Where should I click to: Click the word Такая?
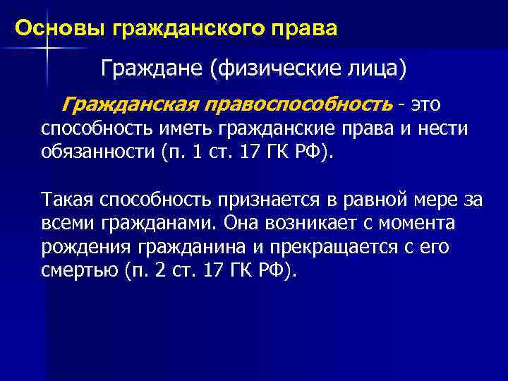[x=67, y=200]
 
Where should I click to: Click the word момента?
[x=413, y=224]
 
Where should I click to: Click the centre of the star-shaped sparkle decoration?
[x=45, y=47]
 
